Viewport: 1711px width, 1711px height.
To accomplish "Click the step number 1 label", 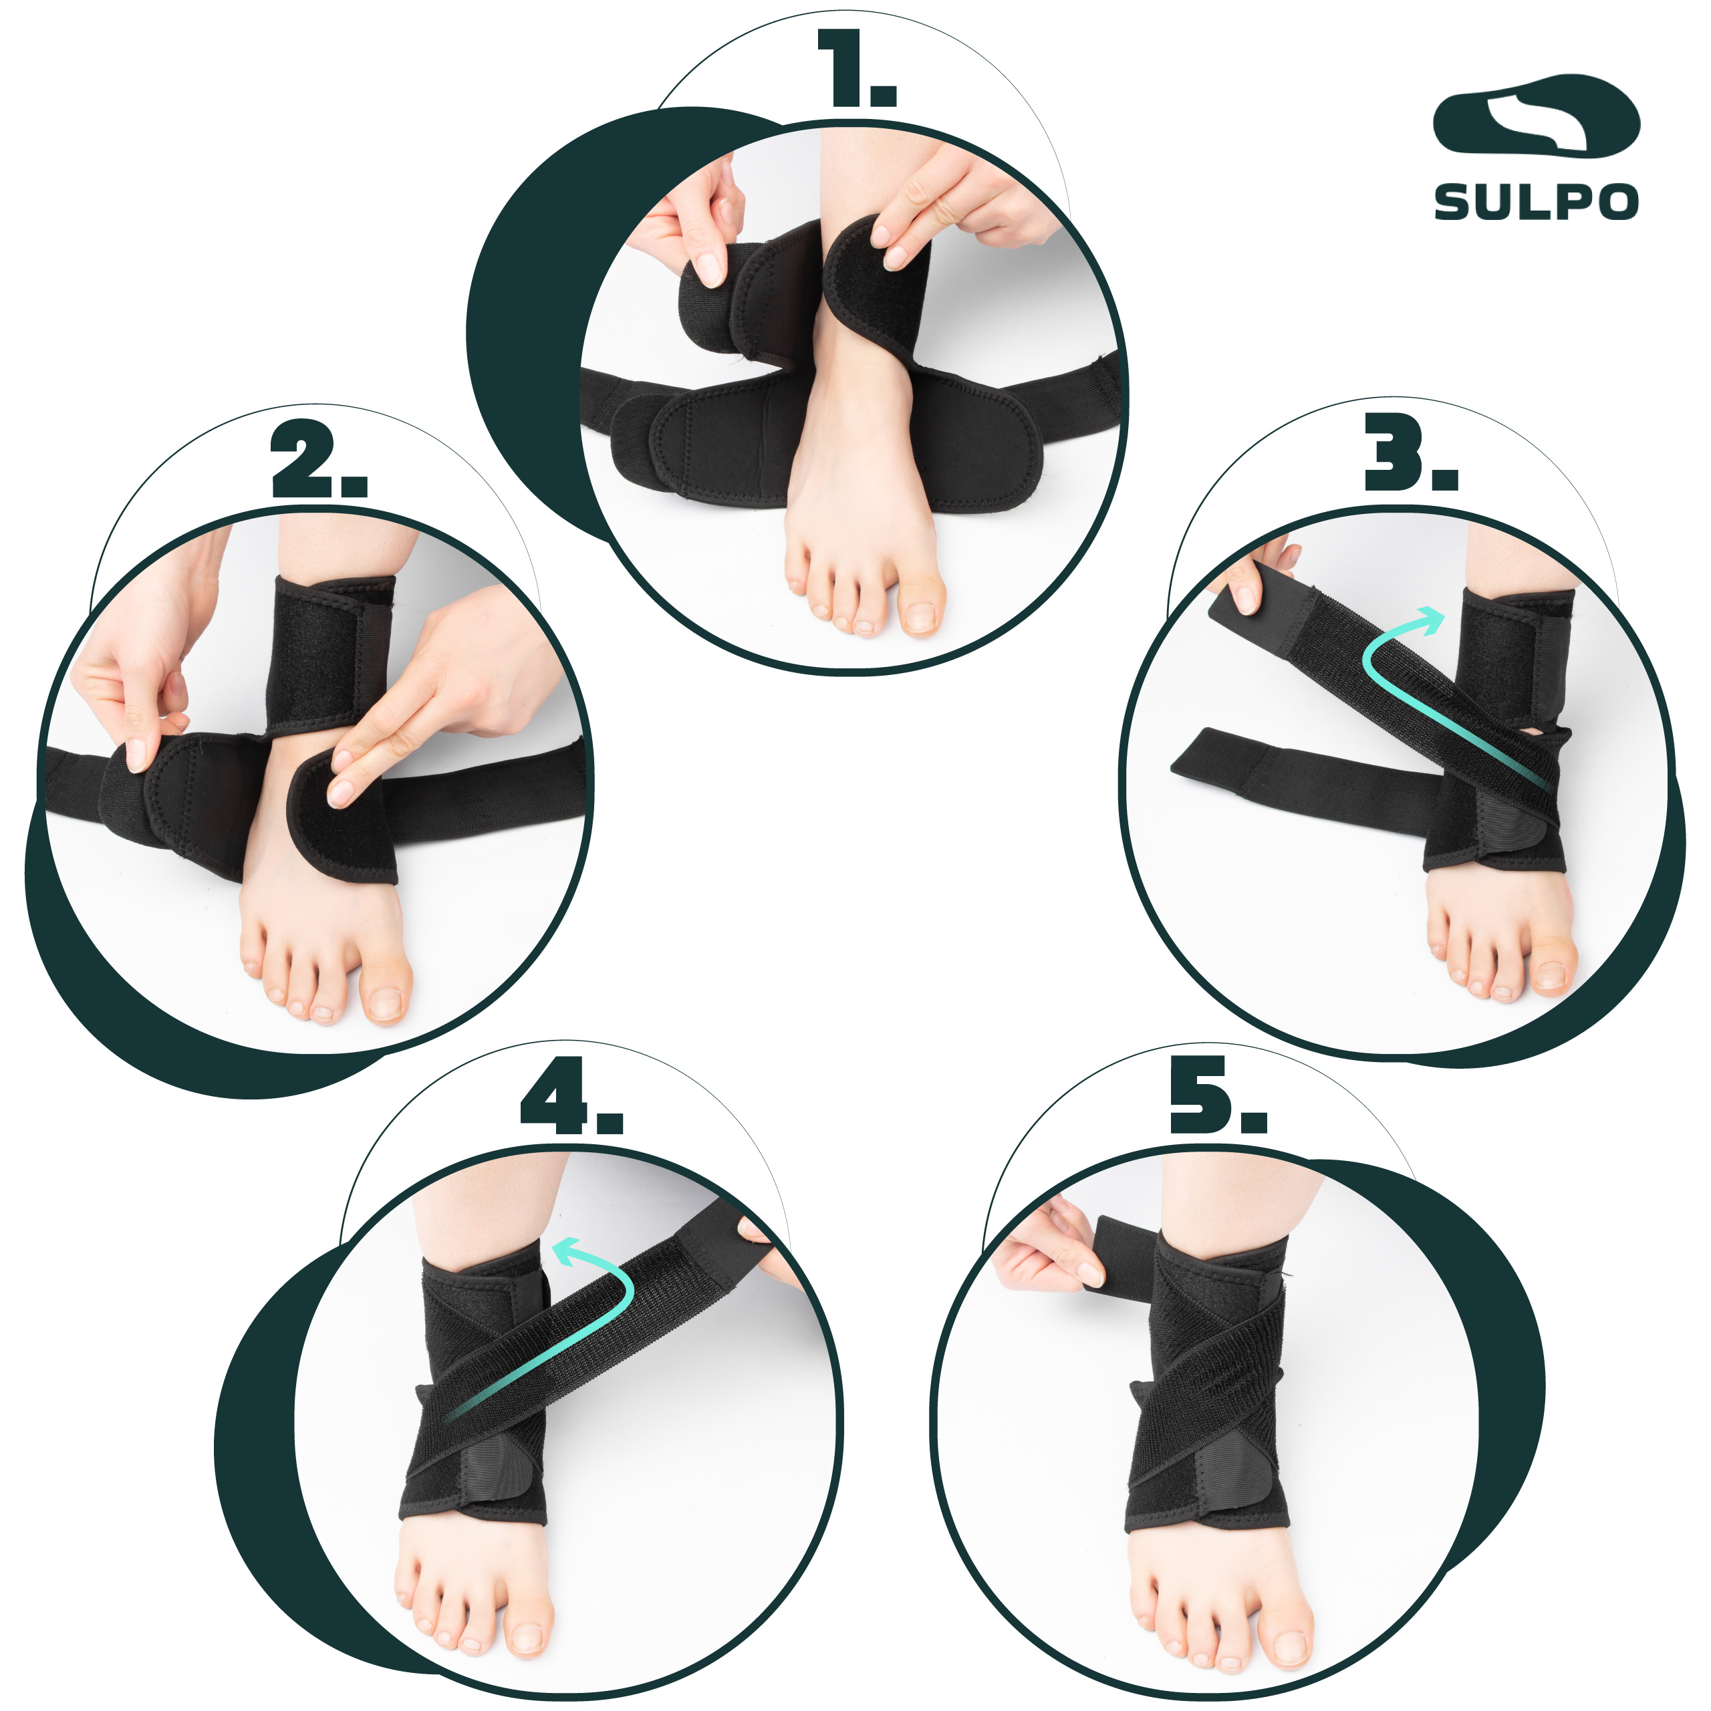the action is tap(856, 69).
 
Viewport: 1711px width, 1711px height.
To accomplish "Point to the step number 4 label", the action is tap(571, 1095).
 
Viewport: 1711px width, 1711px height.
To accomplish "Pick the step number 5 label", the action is tap(1218, 1095).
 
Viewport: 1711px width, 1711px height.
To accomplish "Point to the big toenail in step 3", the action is tap(1551, 974).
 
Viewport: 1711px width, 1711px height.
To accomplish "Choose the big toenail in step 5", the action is tap(1289, 1648).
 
